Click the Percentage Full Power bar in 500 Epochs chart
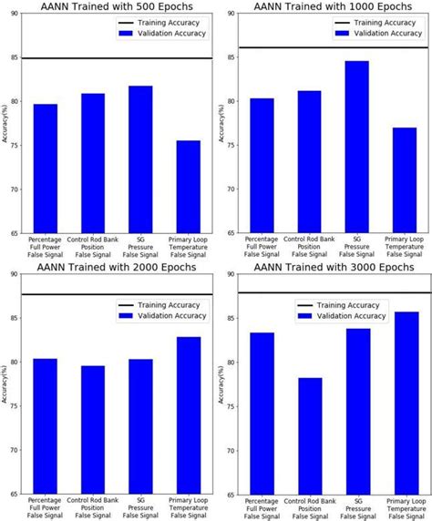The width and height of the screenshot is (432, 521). (x=46, y=169)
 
